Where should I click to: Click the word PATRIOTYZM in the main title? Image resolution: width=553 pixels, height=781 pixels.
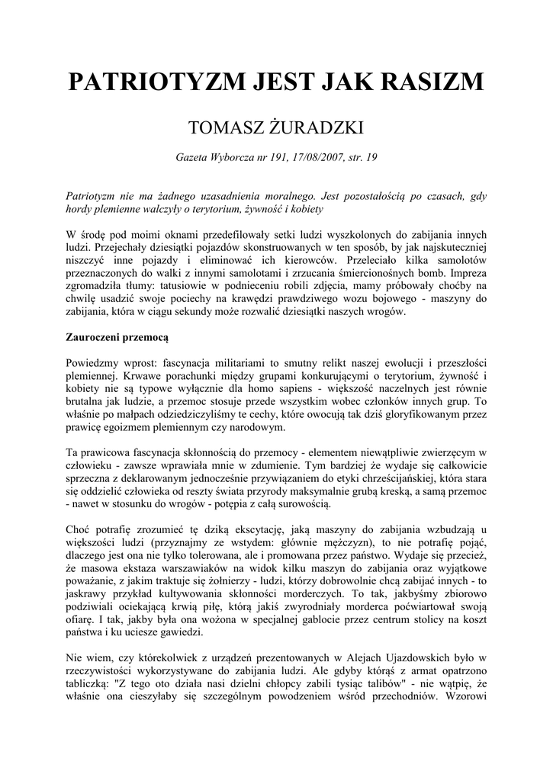point(150,82)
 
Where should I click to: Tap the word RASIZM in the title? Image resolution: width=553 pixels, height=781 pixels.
point(434,82)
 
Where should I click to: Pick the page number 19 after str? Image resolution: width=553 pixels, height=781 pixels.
point(371,158)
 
